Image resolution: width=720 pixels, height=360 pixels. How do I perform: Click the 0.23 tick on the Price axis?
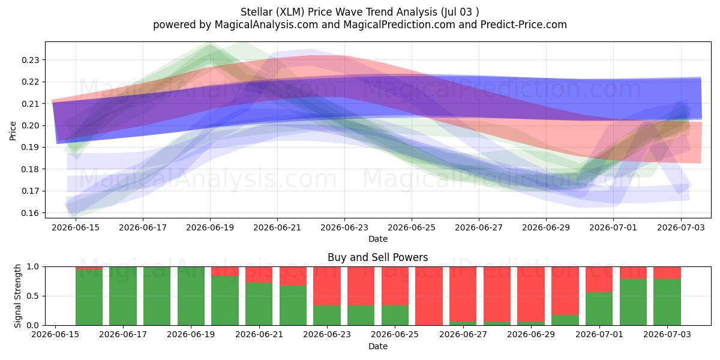coord(30,60)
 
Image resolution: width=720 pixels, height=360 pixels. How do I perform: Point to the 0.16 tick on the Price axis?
coord(30,213)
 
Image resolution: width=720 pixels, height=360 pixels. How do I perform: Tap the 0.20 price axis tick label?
coord(30,125)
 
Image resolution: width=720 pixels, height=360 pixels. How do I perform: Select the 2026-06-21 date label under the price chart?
coord(277,227)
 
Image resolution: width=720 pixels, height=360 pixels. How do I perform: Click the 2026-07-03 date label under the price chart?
coord(681,227)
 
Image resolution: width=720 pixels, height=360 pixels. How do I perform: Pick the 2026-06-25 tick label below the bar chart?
coord(395,334)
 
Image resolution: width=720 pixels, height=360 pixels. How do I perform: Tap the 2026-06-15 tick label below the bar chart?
coord(55,334)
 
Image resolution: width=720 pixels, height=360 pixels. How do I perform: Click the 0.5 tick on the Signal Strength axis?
coord(33,296)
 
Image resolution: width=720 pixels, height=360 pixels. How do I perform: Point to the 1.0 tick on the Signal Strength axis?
coord(33,267)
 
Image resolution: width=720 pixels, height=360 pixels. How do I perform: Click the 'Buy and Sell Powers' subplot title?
coord(377,257)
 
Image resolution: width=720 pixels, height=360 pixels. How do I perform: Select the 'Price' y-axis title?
coord(13,131)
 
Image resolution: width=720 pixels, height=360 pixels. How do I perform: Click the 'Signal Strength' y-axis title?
coord(17,296)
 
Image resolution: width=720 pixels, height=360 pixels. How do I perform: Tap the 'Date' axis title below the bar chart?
coord(378,346)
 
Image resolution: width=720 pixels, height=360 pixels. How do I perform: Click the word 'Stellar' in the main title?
coord(257,12)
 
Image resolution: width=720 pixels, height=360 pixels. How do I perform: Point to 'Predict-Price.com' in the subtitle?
coord(524,25)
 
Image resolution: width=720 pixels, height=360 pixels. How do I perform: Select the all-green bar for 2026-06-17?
coord(123,296)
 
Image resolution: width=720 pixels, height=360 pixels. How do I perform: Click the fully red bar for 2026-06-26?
coord(429,296)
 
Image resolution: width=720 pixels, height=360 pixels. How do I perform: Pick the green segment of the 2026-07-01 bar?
coord(599,309)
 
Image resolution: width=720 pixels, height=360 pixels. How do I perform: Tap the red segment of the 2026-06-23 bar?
coord(327,286)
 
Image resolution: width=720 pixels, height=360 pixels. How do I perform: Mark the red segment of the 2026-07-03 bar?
coord(667,273)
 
